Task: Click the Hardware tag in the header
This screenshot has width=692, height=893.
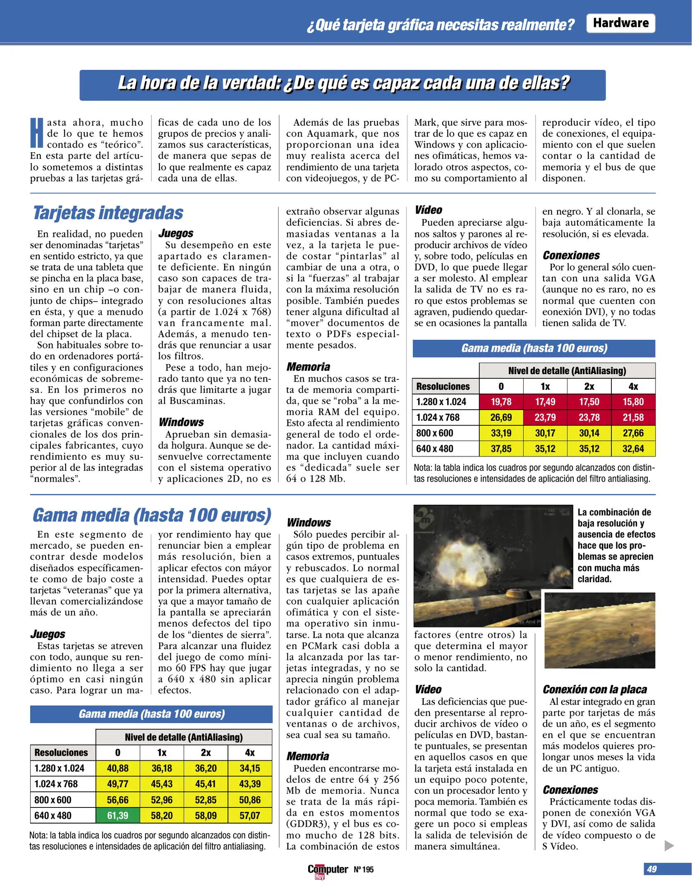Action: click(620, 23)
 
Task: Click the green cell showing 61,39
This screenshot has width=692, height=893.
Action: click(117, 815)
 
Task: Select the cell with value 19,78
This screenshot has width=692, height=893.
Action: click(501, 401)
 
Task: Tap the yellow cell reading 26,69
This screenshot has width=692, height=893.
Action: click(501, 417)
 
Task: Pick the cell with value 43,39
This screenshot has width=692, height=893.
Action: click(249, 784)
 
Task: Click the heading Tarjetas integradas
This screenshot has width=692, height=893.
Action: click(108, 213)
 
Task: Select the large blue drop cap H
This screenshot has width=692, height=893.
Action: click(37, 133)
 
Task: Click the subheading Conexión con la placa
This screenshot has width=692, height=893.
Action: click(594, 689)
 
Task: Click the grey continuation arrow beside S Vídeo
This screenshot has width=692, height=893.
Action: click(669, 845)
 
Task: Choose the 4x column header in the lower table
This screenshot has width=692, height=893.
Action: click(249, 752)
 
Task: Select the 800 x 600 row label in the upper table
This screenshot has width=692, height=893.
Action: click(435, 433)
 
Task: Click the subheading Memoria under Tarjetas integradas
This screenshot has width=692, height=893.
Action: click(308, 367)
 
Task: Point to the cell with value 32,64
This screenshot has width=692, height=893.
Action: click(633, 449)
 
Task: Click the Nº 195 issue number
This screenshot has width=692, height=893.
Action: click(364, 869)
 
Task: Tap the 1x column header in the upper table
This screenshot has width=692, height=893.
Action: click(545, 386)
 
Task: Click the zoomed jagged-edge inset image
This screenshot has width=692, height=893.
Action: click(599, 630)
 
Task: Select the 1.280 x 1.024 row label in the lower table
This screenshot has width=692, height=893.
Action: click(59, 768)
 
